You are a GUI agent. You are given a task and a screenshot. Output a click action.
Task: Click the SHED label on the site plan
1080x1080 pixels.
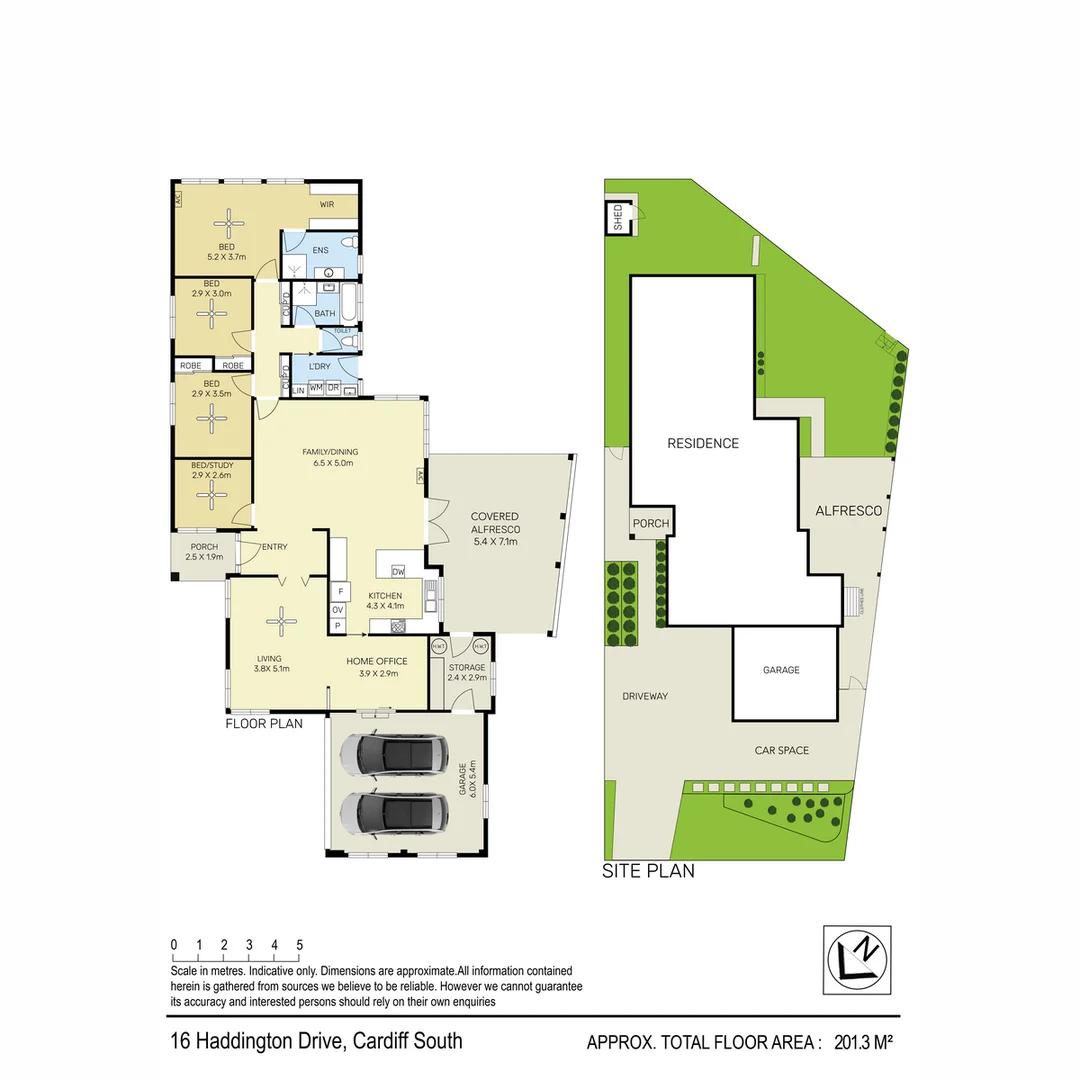pos(618,218)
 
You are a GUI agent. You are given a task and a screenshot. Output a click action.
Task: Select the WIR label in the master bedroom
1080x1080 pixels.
pos(327,204)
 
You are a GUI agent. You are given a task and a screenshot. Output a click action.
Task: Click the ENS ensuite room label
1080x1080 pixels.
pos(321,250)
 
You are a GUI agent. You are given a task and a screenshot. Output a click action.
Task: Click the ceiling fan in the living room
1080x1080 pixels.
pos(281,622)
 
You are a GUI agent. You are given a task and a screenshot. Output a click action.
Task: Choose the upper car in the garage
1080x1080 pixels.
pos(394,755)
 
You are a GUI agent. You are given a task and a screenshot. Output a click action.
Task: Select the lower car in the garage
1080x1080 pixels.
pos(394,813)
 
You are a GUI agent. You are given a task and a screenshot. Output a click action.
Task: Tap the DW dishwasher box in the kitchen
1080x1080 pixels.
pos(398,572)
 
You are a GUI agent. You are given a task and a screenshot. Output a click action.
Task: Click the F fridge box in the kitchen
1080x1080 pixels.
pos(338,591)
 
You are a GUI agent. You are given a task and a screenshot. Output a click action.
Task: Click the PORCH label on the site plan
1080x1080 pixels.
pos(649,523)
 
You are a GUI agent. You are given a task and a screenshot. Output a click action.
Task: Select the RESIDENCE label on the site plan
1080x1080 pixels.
pos(703,443)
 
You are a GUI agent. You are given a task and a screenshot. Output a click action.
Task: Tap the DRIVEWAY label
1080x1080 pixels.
pos(644,696)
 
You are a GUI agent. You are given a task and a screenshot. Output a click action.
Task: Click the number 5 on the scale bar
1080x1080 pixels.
pos(299,945)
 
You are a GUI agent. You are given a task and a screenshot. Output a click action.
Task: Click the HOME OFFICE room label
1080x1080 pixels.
pos(377,661)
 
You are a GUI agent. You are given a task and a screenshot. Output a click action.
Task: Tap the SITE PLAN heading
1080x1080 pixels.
pos(647,871)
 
